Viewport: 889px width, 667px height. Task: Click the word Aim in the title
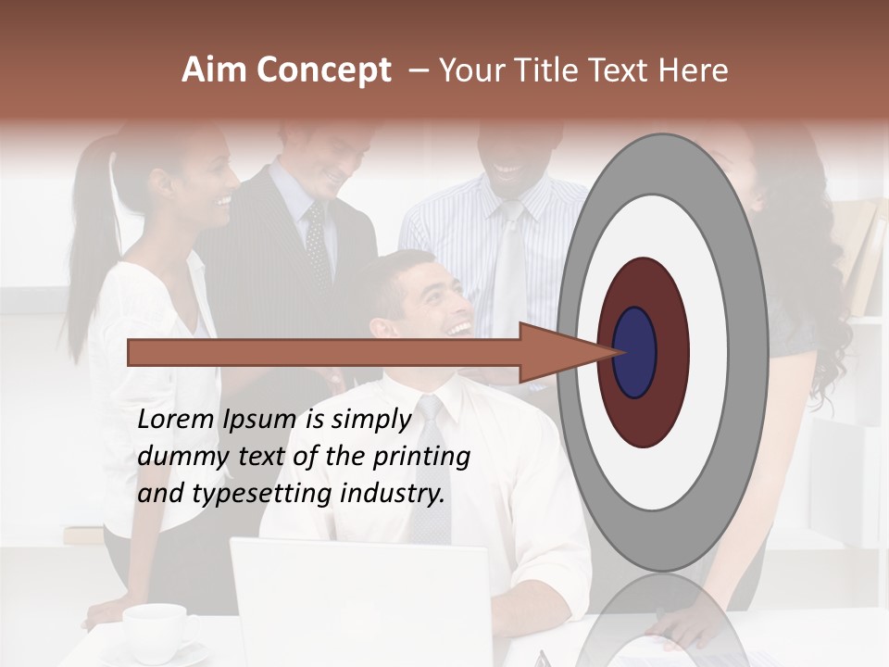click(215, 70)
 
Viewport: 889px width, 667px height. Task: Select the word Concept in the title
click(321, 71)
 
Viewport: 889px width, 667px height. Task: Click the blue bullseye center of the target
click(635, 352)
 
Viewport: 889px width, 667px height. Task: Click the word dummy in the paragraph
click(176, 456)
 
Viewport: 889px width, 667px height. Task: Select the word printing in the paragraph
click(421, 456)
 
